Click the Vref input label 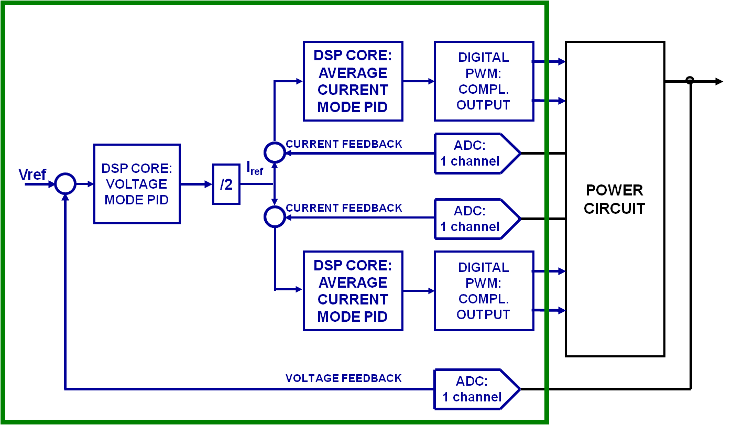pyautogui.click(x=33, y=175)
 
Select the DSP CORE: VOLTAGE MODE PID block pyautogui.click(x=137, y=184)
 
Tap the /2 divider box pyautogui.click(x=226, y=184)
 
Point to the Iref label pyautogui.click(x=255, y=168)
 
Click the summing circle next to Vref pyautogui.click(x=66, y=183)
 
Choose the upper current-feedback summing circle pyautogui.click(x=274, y=152)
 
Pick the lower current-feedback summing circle pyautogui.click(x=274, y=217)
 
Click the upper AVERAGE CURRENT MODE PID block pyautogui.click(x=353, y=81)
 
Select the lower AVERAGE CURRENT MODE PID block pyautogui.click(x=353, y=291)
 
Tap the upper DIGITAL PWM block pyautogui.click(x=484, y=81)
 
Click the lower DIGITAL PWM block pyautogui.click(x=484, y=291)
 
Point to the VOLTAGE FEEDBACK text pyautogui.click(x=344, y=378)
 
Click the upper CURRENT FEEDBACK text pyautogui.click(x=344, y=144)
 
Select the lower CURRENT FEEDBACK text pyautogui.click(x=344, y=208)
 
